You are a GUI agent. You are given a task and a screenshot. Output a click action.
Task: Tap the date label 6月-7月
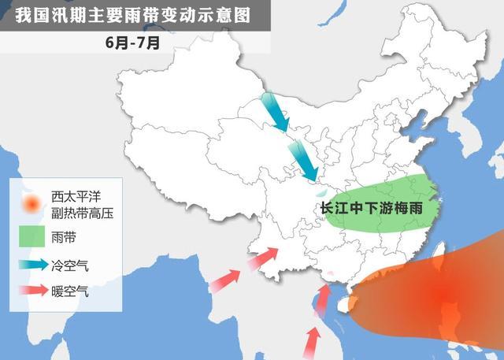click(132, 43)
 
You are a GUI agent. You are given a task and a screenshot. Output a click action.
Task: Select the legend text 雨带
click(63, 236)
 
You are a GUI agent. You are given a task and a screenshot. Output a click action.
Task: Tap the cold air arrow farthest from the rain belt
click(275, 111)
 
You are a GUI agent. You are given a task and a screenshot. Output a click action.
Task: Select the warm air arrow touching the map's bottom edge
click(313, 342)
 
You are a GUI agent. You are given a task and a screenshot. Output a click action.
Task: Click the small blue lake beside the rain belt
click(320, 192)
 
